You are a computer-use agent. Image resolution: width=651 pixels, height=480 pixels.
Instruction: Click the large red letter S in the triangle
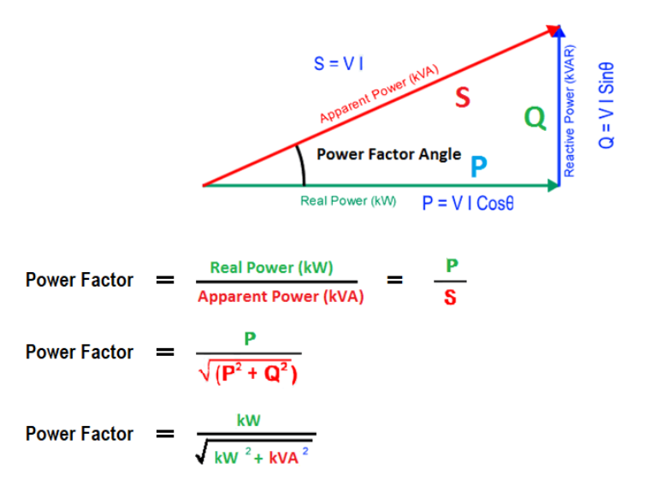[x=462, y=98]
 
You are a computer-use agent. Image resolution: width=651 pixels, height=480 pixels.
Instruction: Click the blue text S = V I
[x=341, y=63]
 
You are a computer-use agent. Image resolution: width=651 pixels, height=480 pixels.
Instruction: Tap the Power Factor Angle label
[x=388, y=155]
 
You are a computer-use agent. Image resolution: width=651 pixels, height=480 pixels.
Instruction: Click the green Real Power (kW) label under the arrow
[x=348, y=202]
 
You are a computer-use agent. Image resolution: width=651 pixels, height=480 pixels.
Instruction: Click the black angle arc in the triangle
[x=302, y=163]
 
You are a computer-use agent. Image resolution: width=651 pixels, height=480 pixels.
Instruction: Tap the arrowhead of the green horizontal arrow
[x=551, y=184]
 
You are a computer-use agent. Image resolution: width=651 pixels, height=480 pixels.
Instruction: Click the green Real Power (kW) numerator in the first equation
[x=271, y=268]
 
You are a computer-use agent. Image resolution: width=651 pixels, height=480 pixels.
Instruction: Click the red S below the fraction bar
[x=449, y=299]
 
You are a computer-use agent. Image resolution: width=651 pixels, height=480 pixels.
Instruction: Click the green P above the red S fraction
[x=450, y=265]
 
